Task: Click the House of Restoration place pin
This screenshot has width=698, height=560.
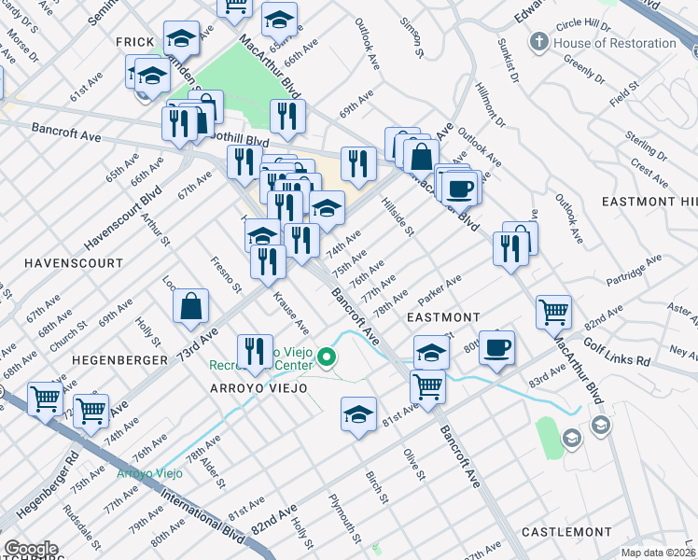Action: (x=538, y=43)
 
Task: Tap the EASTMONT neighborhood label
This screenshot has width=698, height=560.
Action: (x=444, y=318)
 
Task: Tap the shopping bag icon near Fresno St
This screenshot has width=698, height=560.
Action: (x=190, y=307)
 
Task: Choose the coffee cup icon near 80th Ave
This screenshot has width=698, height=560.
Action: (x=496, y=347)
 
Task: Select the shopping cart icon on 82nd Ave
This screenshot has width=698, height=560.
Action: (x=554, y=311)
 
